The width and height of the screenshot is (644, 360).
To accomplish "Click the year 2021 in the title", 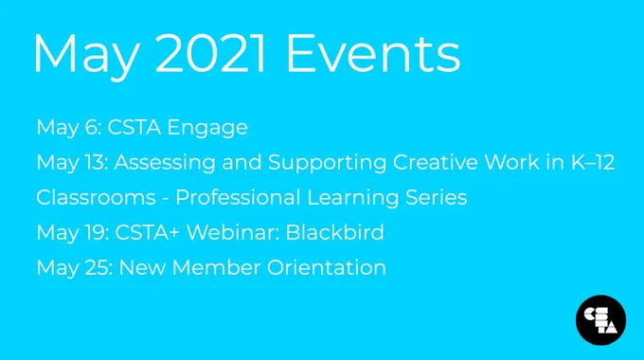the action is [x=209, y=54].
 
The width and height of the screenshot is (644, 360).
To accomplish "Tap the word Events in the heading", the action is [x=373, y=54].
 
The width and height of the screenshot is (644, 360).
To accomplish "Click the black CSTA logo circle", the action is [x=600, y=320].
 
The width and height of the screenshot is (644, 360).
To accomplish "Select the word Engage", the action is [x=207, y=128].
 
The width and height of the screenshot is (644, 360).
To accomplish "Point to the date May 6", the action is [x=68, y=128].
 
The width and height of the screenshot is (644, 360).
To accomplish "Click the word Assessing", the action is [x=165, y=163].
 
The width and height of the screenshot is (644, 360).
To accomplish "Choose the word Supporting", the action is [x=328, y=163].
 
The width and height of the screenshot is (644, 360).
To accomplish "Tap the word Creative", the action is [x=436, y=162].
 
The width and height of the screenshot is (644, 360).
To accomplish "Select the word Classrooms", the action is [x=96, y=197].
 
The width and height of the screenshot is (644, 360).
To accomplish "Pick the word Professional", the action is [x=239, y=197].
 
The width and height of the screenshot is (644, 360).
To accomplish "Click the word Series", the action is [x=437, y=197].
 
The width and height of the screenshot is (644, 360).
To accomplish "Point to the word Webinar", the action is [x=233, y=233].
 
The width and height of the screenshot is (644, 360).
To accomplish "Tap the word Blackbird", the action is [x=334, y=233].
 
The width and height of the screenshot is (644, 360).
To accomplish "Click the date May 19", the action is [x=72, y=233].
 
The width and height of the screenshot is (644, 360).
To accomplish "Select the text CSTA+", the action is [x=148, y=233].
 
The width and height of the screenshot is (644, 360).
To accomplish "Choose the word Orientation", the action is [x=327, y=267].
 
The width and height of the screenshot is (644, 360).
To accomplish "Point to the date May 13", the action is [x=72, y=163].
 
